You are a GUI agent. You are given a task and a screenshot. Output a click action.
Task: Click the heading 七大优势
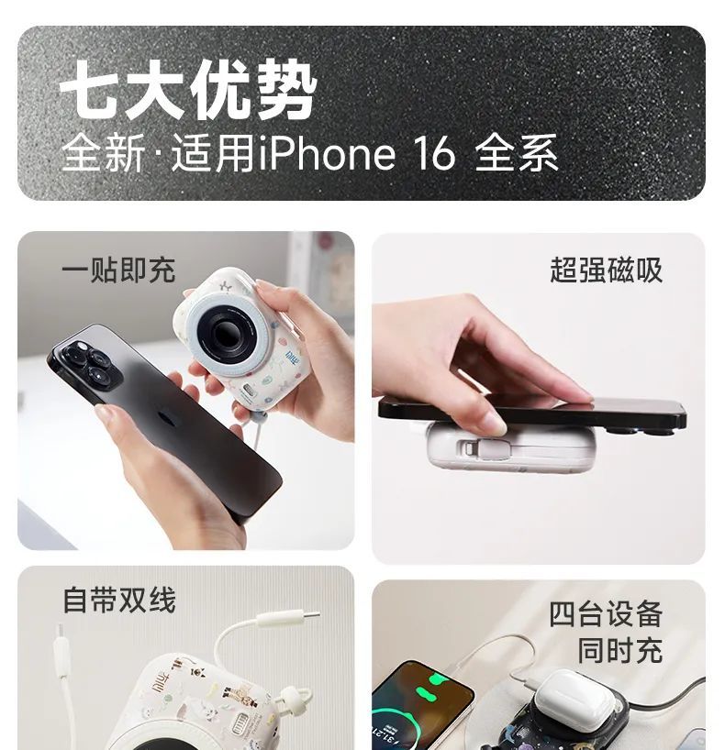coord(188,90)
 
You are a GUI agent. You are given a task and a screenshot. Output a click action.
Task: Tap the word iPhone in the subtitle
coord(327,153)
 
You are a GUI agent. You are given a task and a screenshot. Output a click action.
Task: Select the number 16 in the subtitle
coord(434,153)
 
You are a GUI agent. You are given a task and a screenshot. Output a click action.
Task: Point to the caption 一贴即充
coord(118,270)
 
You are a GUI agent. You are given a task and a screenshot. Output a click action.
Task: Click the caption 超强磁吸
coord(606,270)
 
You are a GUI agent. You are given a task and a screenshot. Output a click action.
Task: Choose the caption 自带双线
coord(119,600)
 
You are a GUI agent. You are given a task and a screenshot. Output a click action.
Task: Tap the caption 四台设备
coord(606,614)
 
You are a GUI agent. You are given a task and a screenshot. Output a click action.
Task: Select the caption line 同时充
coord(620,650)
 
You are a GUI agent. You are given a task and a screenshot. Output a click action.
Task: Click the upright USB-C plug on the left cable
coord(61,650)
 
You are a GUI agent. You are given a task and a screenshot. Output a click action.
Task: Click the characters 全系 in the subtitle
coord(516,153)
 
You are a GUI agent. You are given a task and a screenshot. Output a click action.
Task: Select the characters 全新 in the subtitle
coord(104,153)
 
